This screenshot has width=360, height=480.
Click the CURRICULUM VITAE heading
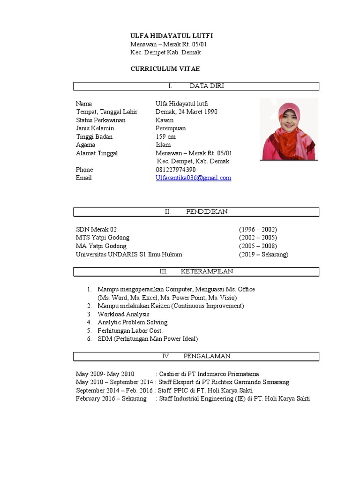(x=165, y=69)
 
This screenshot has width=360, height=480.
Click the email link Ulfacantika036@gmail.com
(x=193, y=178)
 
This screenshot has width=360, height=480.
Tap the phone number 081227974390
(x=176, y=169)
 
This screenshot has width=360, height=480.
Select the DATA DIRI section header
(x=196, y=86)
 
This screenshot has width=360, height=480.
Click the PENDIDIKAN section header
(x=196, y=211)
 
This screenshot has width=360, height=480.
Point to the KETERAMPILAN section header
(x=196, y=271)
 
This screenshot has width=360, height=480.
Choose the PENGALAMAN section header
(x=196, y=356)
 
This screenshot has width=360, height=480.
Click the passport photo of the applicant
(x=289, y=129)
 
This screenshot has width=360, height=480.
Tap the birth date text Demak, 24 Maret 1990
(x=186, y=112)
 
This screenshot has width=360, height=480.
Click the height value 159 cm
(x=165, y=136)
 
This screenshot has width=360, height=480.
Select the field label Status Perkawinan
(x=101, y=120)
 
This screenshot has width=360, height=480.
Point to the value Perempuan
(x=171, y=128)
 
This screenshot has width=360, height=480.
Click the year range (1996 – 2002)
(x=258, y=229)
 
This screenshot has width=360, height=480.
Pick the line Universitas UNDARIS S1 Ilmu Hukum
(x=129, y=255)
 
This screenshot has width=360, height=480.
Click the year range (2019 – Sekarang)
(x=263, y=255)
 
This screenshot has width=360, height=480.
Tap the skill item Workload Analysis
(x=123, y=314)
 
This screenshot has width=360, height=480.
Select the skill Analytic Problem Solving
(x=132, y=322)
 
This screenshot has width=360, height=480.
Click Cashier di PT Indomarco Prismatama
(x=209, y=374)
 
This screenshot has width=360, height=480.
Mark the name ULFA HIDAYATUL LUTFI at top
(x=168, y=36)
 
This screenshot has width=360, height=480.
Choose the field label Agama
(x=85, y=145)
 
